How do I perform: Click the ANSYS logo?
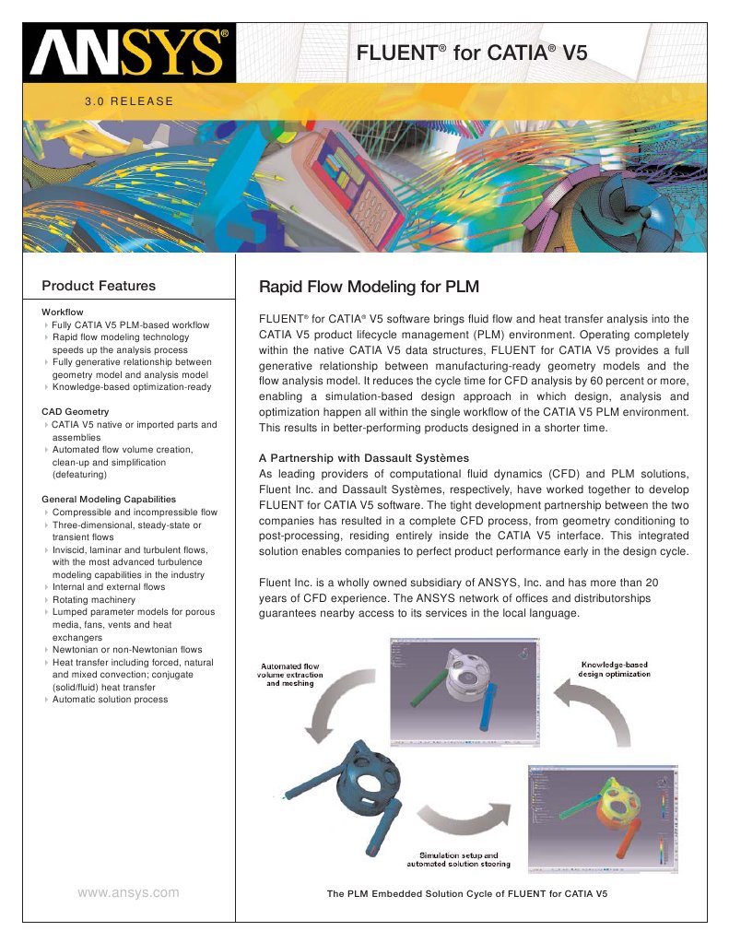(x=128, y=53)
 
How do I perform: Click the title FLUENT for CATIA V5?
(x=471, y=53)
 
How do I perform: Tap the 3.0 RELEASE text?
(x=128, y=100)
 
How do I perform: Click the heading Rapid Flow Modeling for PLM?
(x=369, y=287)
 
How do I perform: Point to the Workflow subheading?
(x=63, y=312)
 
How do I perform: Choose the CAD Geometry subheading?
(x=76, y=411)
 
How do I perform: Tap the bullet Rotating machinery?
(x=93, y=599)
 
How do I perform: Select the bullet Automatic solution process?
(x=110, y=700)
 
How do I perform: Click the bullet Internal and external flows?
(x=109, y=586)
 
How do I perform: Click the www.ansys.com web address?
(x=128, y=892)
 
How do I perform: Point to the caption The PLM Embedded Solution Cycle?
(x=467, y=894)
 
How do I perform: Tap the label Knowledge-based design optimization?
(x=614, y=668)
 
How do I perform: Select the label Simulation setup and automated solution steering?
(x=458, y=859)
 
